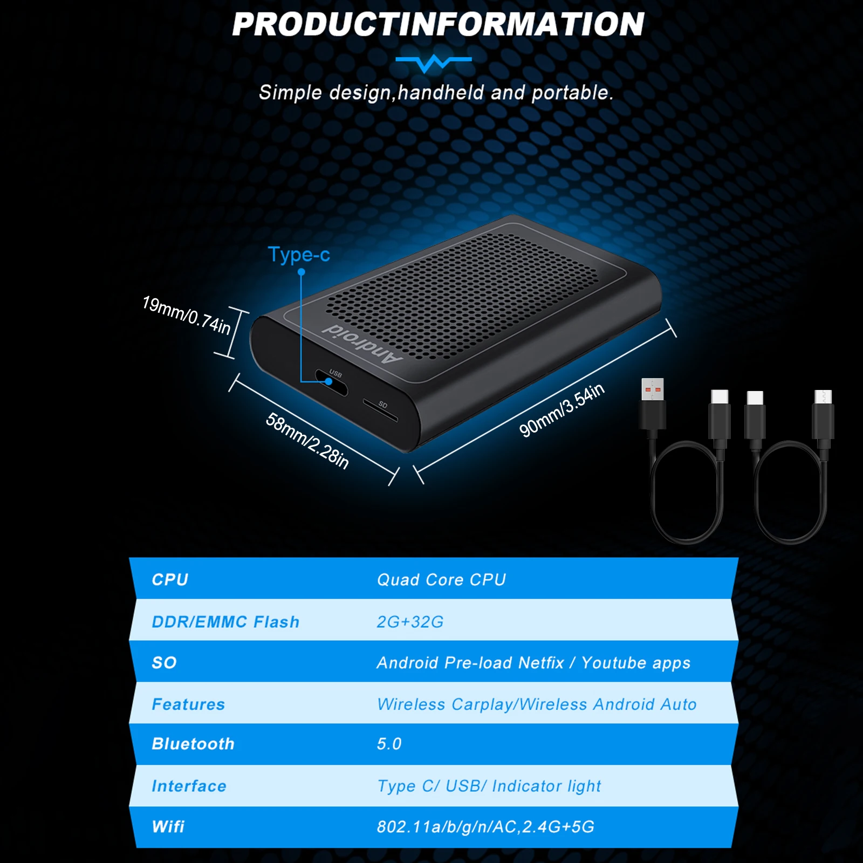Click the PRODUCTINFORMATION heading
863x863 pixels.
click(x=438, y=25)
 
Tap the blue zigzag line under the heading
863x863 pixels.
click(x=433, y=63)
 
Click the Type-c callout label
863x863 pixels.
click(x=299, y=254)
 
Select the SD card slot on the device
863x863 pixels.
click(x=380, y=410)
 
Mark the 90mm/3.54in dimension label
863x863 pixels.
click(x=561, y=410)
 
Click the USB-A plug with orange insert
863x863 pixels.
click(x=653, y=389)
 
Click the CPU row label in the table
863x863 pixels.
click(x=170, y=580)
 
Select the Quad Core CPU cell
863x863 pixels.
click(x=441, y=580)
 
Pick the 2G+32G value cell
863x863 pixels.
click(x=410, y=622)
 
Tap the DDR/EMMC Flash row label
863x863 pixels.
click(x=225, y=622)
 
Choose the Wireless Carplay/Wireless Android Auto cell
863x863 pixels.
click(x=537, y=704)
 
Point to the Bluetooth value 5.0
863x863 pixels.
click(x=389, y=744)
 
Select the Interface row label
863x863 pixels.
click(x=189, y=786)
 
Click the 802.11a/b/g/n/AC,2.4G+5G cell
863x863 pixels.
click(x=485, y=827)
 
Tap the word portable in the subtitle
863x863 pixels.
click(x=572, y=93)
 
